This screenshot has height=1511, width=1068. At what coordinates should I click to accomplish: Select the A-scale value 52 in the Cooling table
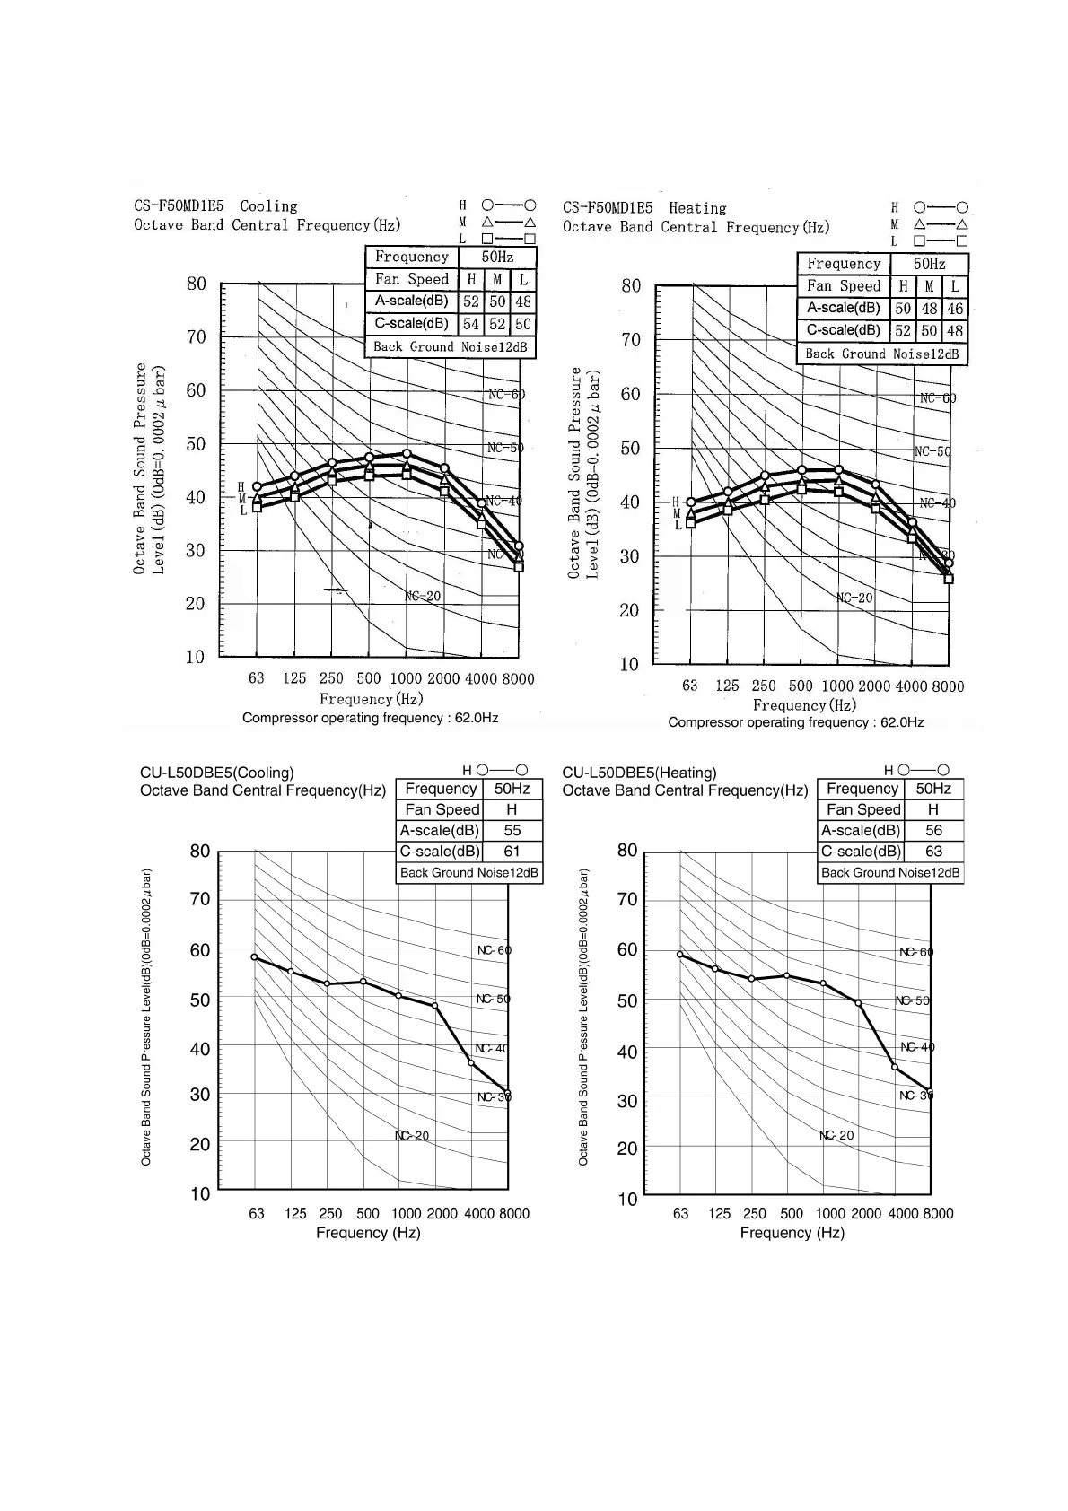tap(471, 301)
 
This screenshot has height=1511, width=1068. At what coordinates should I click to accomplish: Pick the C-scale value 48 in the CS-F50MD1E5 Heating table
tap(955, 331)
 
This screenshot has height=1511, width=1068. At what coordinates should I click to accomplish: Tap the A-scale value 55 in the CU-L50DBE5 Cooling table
tap(512, 831)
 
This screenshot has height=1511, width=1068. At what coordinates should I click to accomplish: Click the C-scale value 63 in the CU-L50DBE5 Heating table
tap(933, 852)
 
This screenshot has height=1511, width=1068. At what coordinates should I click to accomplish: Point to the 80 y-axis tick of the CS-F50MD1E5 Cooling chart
tap(196, 284)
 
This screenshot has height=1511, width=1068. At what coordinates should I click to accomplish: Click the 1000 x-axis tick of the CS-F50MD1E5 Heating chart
tap(837, 686)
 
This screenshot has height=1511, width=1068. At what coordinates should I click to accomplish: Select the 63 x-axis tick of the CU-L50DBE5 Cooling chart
tap(257, 1214)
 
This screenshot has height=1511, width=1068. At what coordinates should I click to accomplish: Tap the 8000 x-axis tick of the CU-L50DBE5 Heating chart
tap(938, 1214)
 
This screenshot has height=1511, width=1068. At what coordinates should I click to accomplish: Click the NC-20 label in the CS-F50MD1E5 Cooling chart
tap(423, 596)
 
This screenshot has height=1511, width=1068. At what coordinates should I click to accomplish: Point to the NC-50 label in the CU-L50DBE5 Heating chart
tap(915, 1000)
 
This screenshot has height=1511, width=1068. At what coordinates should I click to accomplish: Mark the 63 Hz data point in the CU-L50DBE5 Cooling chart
tap(254, 957)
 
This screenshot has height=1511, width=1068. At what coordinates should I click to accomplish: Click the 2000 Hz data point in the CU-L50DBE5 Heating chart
tap(858, 1003)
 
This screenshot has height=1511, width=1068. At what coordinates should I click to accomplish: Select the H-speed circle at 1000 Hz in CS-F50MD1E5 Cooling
tap(407, 454)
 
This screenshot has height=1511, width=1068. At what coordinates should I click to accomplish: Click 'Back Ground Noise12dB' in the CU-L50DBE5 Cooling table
tap(469, 873)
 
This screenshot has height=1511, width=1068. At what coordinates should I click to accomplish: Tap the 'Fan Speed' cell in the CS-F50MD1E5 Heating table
tap(844, 286)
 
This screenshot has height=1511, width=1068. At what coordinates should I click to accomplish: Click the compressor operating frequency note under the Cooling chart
tap(370, 718)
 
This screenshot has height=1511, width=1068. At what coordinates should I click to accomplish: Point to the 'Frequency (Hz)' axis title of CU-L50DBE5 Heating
tap(792, 1233)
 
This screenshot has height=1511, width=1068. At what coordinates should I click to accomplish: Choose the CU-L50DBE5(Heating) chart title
tap(639, 773)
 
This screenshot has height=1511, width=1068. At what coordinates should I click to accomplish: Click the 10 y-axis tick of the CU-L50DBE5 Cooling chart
tap(199, 1193)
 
